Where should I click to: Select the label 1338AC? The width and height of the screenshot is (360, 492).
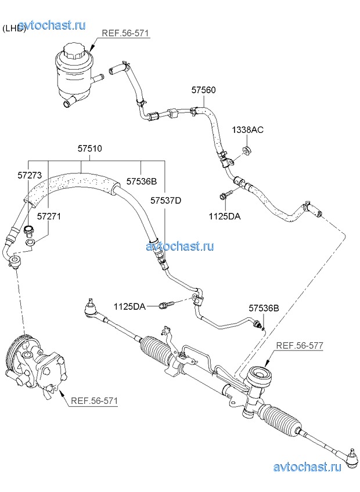click(248, 129)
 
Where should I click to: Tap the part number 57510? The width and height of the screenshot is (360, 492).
click(90, 149)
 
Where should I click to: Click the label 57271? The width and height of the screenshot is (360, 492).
click(49, 216)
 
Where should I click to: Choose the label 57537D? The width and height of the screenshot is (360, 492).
click(166, 201)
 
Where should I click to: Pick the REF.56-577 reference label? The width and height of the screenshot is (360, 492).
click(300, 346)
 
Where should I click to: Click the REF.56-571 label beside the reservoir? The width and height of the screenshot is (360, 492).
click(125, 33)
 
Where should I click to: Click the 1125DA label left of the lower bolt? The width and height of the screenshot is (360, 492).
click(129, 306)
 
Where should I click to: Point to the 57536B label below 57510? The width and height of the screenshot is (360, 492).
click(142, 181)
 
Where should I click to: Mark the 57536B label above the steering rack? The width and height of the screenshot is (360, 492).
click(264, 308)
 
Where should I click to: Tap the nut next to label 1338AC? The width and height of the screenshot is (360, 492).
click(247, 152)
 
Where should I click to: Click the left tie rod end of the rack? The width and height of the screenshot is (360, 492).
click(91, 307)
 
